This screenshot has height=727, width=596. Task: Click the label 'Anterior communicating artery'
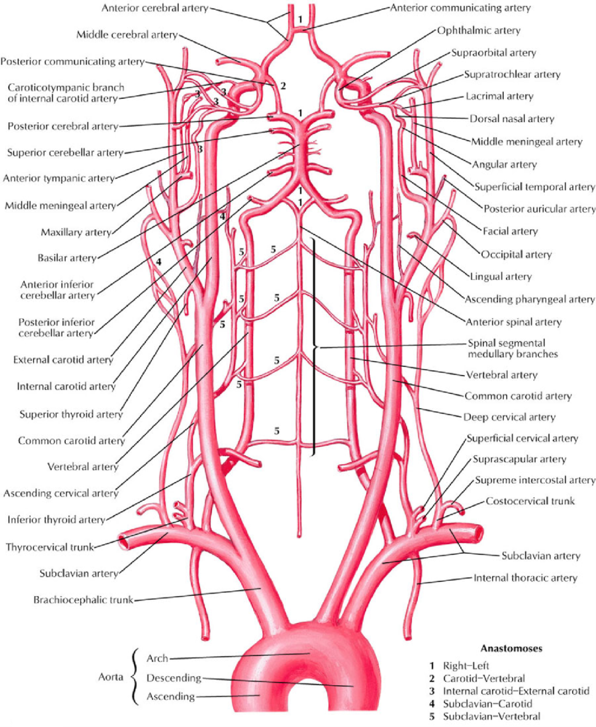(460, 8)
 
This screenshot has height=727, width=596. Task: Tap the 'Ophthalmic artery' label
(479, 30)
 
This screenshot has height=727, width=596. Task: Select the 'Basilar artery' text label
(67, 258)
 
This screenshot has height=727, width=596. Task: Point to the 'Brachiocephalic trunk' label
(83, 600)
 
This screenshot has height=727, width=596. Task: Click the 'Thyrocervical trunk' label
(50, 547)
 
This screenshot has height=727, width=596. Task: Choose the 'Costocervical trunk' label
(530, 501)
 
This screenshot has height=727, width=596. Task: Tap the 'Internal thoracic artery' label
(525, 578)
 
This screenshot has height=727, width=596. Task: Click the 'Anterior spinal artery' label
(514, 322)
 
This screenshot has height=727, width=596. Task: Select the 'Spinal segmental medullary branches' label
(513, 349)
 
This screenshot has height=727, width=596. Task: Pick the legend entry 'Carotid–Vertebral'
(484, 678)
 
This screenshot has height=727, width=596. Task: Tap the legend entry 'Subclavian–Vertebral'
(492, 717)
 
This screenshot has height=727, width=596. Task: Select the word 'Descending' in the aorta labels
(174, 678)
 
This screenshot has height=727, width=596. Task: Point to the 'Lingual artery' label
(501, 276)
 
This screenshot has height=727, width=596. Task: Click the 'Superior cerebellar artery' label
(65, 152)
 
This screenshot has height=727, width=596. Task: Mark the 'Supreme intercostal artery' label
(535, 480)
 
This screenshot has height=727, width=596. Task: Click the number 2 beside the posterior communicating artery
(283, 86)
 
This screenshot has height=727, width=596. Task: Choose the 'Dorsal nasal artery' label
(512, 119)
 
